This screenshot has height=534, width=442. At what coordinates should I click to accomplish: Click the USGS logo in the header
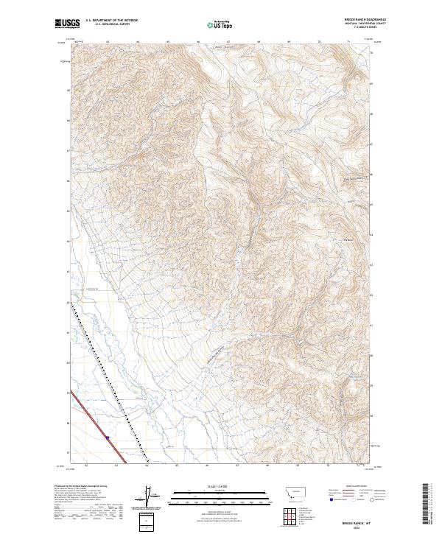tap(66, 24)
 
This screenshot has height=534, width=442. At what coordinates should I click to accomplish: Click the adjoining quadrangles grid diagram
tap(291, 512)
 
